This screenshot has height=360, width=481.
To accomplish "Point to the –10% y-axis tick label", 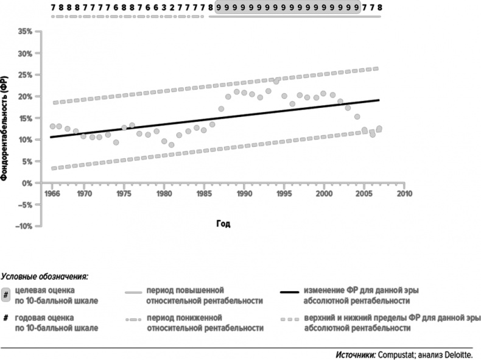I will point(22,226).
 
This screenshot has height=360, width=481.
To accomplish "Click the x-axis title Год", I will point(223,224).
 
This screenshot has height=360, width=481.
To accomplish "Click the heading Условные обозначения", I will point(45,277).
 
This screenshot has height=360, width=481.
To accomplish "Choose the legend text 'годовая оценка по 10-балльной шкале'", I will point(46,323).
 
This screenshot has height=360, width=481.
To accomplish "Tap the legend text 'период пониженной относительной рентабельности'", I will point(205,323).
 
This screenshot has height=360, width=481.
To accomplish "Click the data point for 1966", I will point(52,126).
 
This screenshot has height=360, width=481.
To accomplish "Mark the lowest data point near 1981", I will point(172,145).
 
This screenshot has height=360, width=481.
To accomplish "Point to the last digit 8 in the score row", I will point(379,7).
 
